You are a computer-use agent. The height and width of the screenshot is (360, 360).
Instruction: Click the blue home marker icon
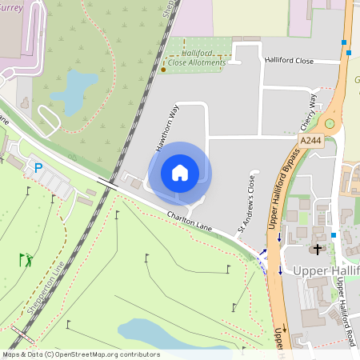click(179, 173)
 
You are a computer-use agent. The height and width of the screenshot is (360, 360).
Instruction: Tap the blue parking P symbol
click(37, 168)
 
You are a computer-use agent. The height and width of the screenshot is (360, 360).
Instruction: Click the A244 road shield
click(311, 141)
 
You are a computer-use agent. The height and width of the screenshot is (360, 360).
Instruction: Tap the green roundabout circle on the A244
click(329, 124)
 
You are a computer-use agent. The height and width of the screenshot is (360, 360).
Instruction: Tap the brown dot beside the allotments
click(163, 69)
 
